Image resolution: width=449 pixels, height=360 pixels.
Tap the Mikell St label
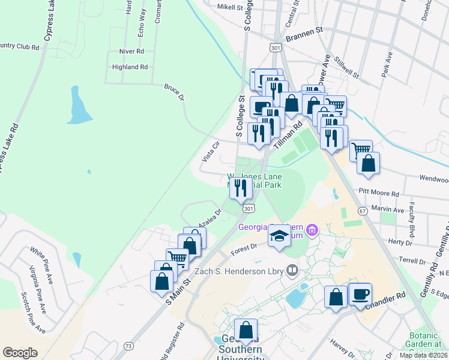[230, 8]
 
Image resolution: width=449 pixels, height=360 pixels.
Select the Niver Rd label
[132, 52]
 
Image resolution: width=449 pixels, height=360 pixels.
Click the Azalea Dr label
[210, 217]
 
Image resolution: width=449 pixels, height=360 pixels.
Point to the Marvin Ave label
[388, 210]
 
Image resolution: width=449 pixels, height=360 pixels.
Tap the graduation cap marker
[279, 236]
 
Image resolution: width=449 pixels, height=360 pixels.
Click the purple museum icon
[312, 230]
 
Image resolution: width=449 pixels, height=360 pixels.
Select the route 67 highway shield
[363, 211]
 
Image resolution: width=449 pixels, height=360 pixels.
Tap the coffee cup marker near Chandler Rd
[360, 295]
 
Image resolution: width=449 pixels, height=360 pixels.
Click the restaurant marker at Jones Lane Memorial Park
[240, 188]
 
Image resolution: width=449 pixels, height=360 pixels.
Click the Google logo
[20, 352]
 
